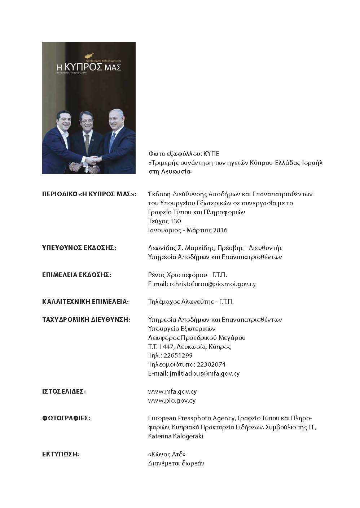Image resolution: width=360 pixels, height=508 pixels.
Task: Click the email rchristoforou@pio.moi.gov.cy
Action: coord(212,284)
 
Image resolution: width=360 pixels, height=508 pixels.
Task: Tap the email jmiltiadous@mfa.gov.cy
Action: coord(204,374)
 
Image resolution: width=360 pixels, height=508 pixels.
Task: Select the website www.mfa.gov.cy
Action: coord(172,391)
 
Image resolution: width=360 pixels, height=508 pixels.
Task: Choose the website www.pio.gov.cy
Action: coord(172,400)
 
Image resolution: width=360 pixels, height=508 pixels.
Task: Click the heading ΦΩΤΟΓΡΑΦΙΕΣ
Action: coord(66,419)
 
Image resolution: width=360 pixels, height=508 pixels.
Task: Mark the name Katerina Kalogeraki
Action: coord(176,437)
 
